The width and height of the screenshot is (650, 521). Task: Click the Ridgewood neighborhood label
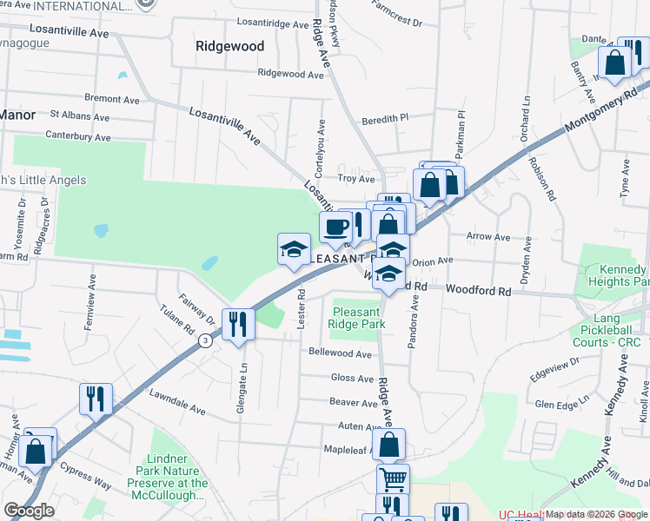(x=229, y=46)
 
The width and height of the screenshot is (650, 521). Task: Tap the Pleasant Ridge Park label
(x=356, y=318)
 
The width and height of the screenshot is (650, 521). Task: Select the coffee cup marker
(x=335, y=228)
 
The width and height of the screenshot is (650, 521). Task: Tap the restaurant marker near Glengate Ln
(x=237, y=325)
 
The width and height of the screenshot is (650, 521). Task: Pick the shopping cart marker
(x=393, y=479)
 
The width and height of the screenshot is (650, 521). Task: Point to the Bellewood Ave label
(x=341, y=353)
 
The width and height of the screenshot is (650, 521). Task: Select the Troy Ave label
(x=355, y=178)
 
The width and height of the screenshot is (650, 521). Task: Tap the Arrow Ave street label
(x=488, y=236)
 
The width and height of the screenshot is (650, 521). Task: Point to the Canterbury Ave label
(x=78, y=136)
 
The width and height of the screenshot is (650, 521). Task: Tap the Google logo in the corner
(x=29, y=511)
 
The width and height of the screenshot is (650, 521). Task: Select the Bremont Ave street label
(x=112, y=99)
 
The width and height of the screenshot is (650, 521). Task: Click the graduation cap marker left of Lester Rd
(x=293, y=248)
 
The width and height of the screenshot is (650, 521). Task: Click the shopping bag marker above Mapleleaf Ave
(x=392, y=444)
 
